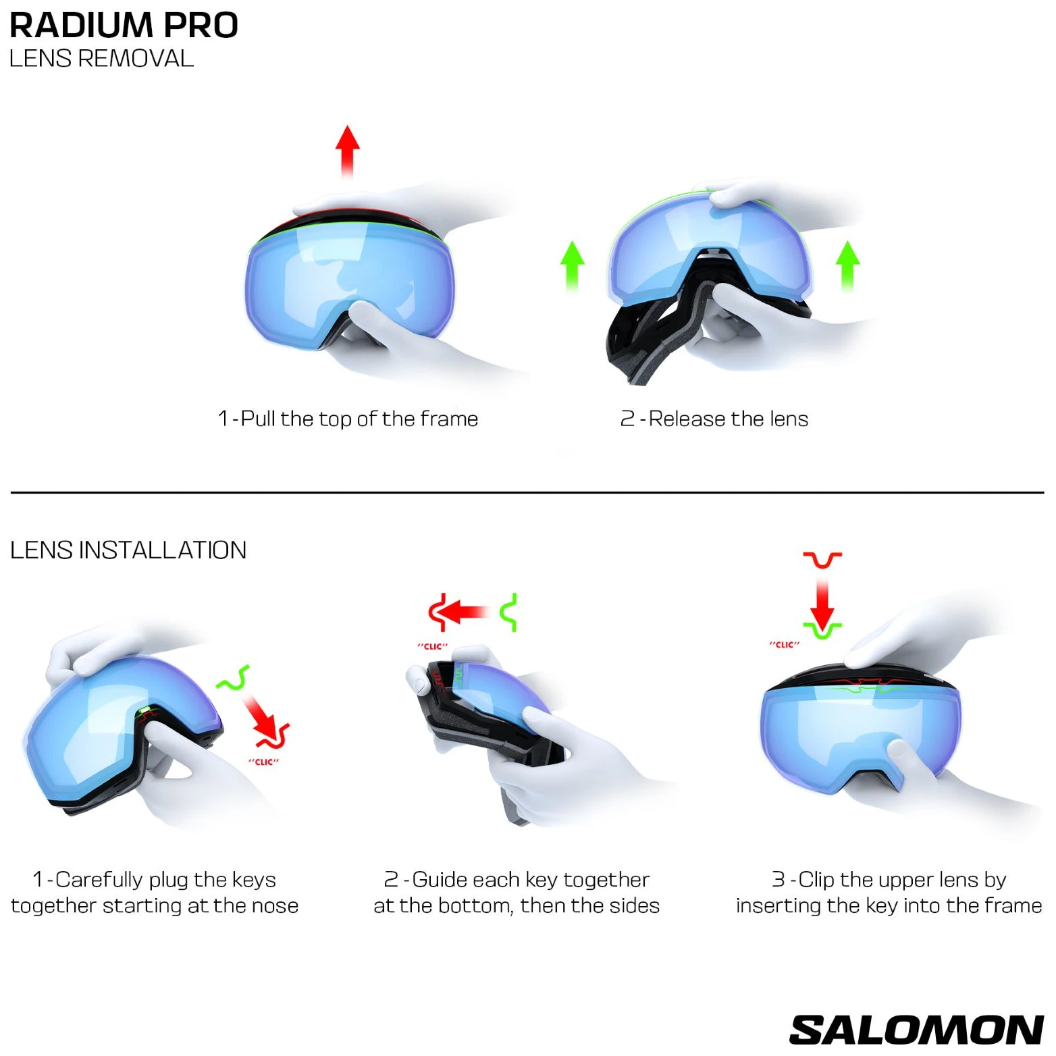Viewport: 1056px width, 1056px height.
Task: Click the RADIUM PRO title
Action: [x=124, y=25]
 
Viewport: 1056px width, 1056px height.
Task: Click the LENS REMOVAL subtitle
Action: [x=101, y=59]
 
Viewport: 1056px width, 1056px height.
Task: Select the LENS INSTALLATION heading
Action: [x=128, y=550]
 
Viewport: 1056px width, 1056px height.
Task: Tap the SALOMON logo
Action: [x=916, y=1030]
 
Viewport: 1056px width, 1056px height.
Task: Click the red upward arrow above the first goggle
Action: [x=348, y=151]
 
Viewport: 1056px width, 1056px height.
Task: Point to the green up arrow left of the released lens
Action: [x=573, y=266]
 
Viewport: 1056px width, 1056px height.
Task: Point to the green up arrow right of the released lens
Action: [x=847, y=266]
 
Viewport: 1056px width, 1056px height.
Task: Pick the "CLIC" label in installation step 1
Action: [x=263, y=762]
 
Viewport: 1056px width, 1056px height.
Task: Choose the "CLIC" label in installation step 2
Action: [x=432, y=646]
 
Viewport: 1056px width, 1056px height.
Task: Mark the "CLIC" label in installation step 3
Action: [x=784, y=645]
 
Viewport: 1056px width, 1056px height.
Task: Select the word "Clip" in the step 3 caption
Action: [x=816, y=880]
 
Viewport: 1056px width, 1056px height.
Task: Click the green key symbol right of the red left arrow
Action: [x=509, y=612]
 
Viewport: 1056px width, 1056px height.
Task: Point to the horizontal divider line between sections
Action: [x=527, y=493]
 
